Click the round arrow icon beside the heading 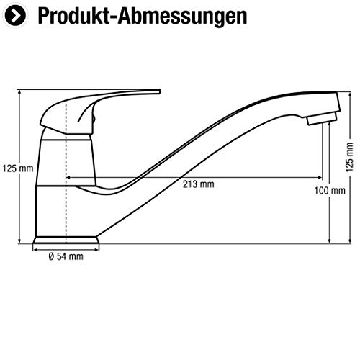click(x=15, y=15)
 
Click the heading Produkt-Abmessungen click(x=143, y=16)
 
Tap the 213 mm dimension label click(x=199, y=184)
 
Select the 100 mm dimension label click(x=330, y=191)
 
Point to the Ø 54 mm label click(x=66, y=256)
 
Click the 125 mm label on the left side click(x=18, y=168)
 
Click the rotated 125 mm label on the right click(x=349, y=157)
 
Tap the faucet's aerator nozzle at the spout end click(x=322, y=119)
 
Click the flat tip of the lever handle click(x=156, y=91)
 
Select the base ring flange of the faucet click(x=66, y=240)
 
